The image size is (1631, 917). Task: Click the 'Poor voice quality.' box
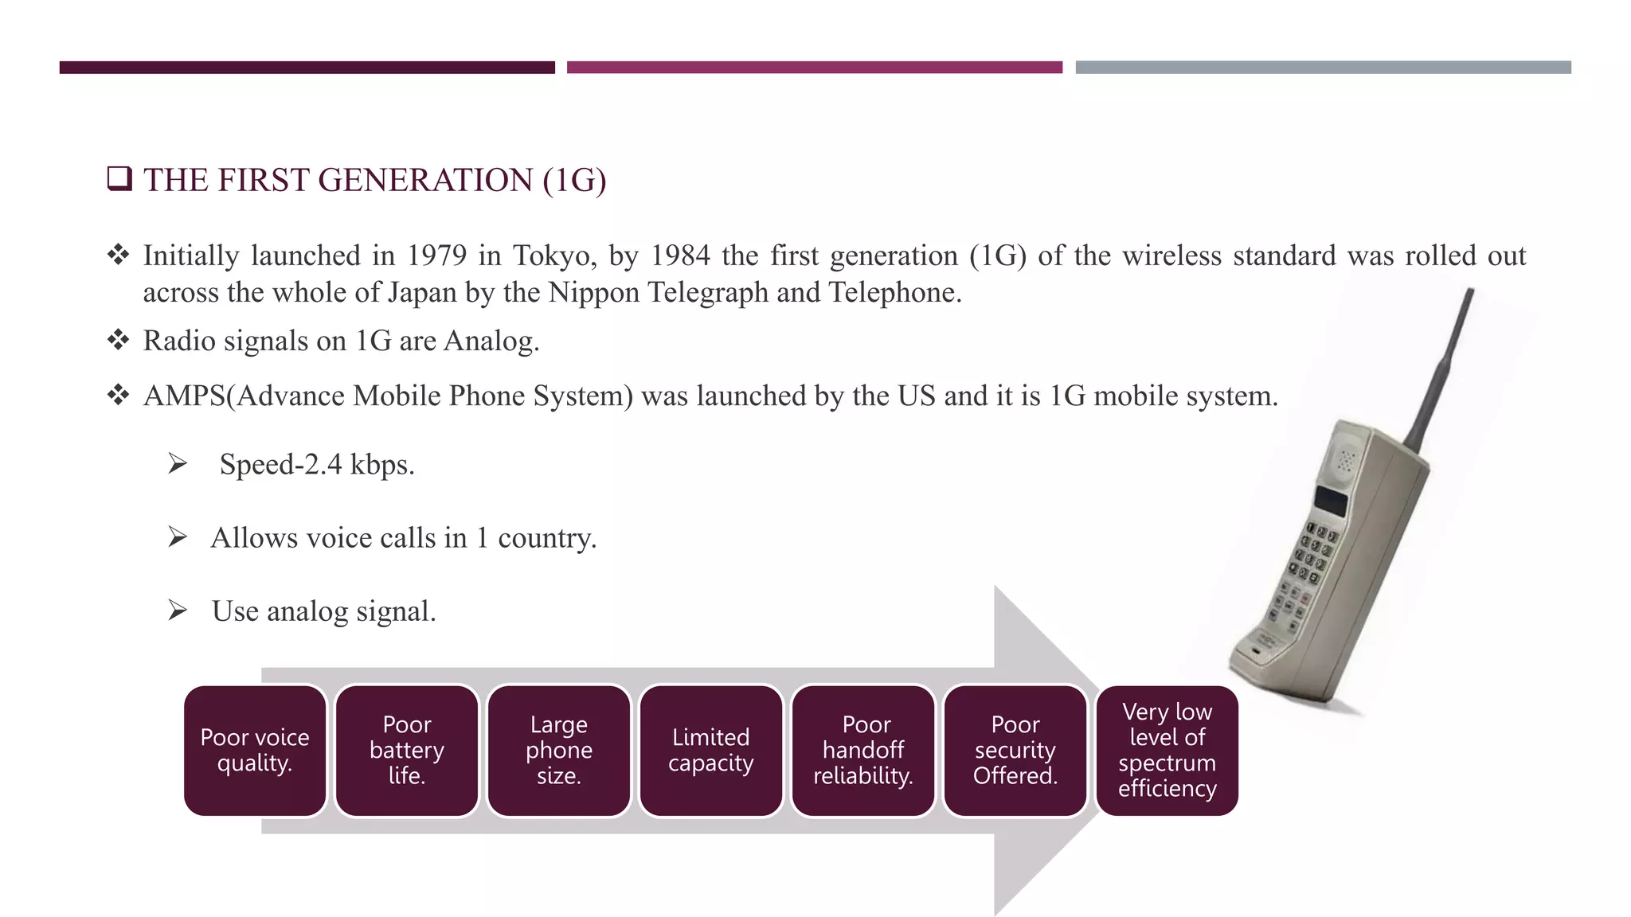point(255,750)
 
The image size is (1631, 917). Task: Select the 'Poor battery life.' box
point(407,750)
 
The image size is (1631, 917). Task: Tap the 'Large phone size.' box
point(559,750)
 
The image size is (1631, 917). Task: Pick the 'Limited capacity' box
point(711,750)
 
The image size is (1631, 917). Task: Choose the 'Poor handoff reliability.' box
point(863,750)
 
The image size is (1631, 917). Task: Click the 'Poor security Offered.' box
point(1015,750)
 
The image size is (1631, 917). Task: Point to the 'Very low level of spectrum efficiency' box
point(1168,750)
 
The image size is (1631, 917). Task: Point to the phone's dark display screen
point(1331,501)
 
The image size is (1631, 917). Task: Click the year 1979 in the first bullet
point(436,256)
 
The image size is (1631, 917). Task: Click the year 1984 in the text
point(680,256)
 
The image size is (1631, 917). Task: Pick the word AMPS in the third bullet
point(185,396)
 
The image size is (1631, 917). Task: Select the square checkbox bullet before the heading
point(119,178)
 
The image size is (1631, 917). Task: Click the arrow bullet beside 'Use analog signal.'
point(178,611)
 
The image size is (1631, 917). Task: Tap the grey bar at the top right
point(1323,68)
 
